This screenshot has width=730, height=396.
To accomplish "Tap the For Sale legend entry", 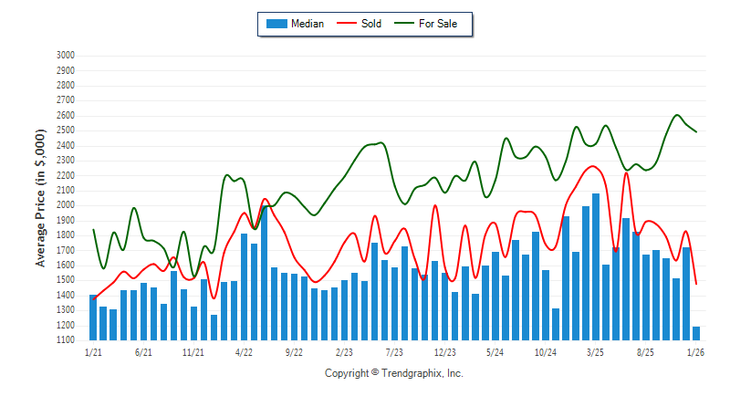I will [x=438, y=24].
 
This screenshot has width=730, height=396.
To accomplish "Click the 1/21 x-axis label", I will [x=93, y=351].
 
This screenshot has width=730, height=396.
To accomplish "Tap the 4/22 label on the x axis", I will [x=244, y=351].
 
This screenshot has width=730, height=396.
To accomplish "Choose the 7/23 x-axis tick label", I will [x=394, y=351].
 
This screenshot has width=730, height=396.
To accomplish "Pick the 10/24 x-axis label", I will [x=545, y=351].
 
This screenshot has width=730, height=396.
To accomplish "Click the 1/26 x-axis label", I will [x=695, y=351].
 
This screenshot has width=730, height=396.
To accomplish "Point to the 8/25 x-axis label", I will [x=645, y=351].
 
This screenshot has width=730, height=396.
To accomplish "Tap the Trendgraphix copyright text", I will [x=394, y=373].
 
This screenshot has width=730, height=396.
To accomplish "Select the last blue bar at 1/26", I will [x=696, y=333].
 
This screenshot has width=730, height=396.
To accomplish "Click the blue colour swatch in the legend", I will [x=276, y=24].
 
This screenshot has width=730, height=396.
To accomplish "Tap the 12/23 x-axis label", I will [x=444, y=351].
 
